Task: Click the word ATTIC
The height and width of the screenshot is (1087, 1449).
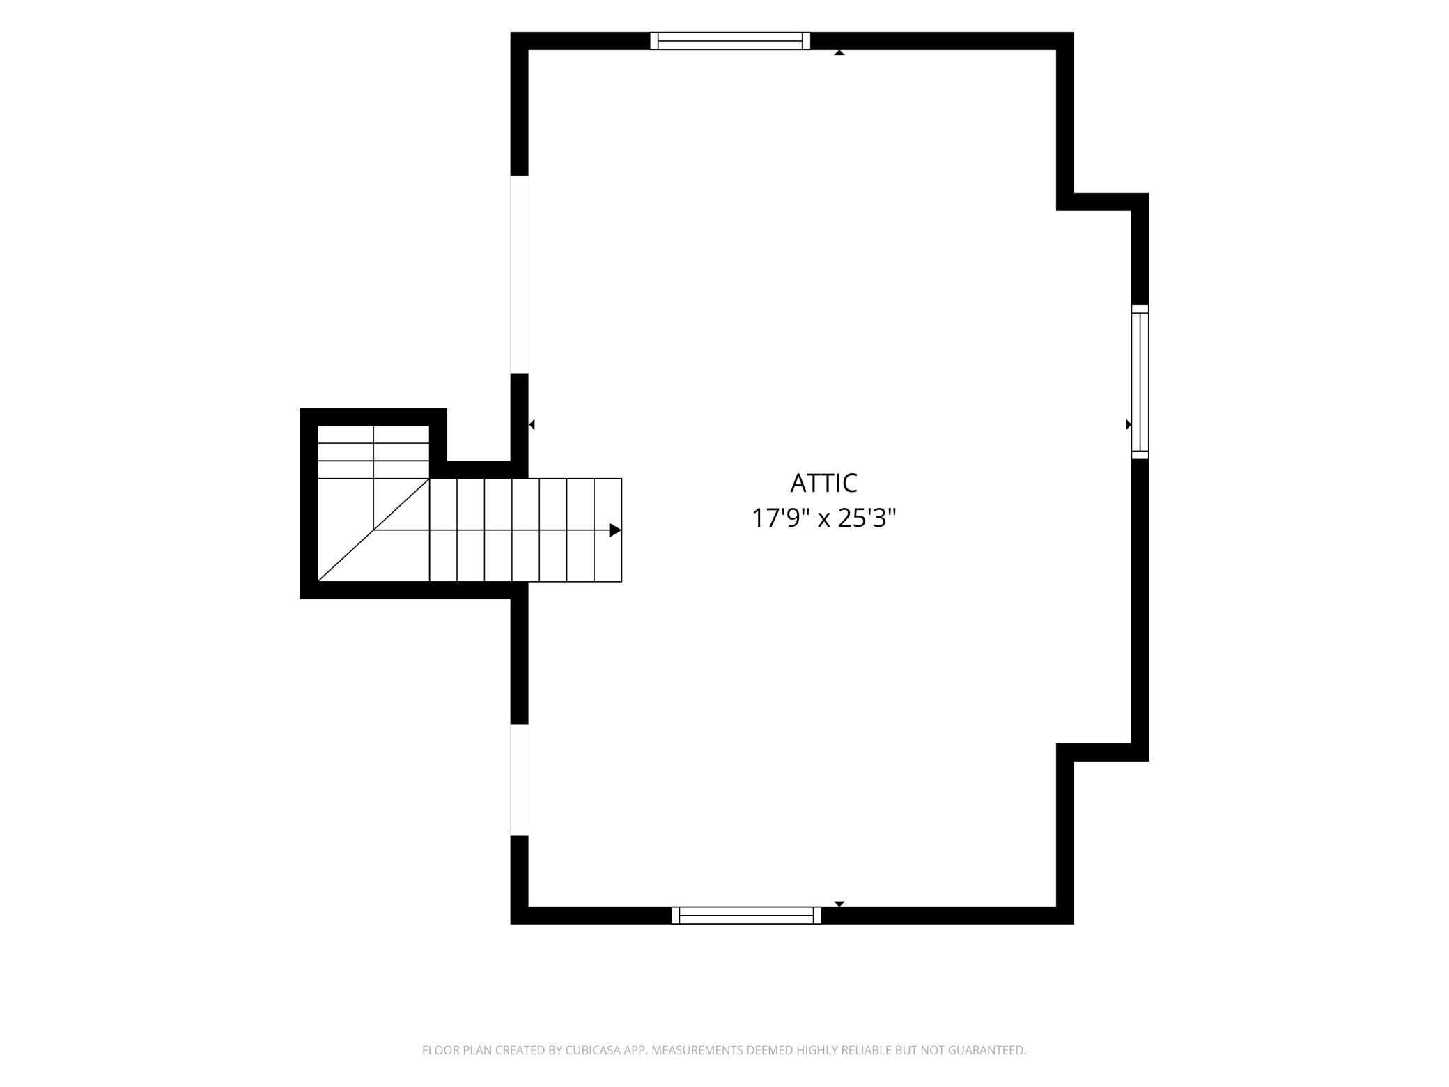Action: coord(823,483)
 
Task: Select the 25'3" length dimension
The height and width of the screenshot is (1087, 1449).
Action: coord(867,518)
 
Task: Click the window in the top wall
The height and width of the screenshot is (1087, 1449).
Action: coord(730,41)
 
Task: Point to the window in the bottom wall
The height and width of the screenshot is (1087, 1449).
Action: coord(746,915)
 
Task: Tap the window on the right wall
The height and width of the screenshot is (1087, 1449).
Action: coord(1140,382)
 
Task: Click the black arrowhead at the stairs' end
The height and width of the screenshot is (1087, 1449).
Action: coord(615,530)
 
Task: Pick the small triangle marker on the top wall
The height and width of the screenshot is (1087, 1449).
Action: coord(839,52)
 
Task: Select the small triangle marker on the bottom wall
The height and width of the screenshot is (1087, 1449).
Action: coord(839,904)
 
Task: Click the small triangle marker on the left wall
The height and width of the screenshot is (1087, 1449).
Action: coord(532,424)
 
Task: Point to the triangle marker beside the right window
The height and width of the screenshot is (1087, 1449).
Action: coord(1129,424)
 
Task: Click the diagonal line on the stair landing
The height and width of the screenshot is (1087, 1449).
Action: coord(373,530)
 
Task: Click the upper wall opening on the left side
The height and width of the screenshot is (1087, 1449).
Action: coord(520,275)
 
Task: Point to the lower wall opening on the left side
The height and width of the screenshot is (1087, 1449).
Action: coord(520,780)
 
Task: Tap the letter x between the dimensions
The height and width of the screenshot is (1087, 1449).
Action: coord(823,520)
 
